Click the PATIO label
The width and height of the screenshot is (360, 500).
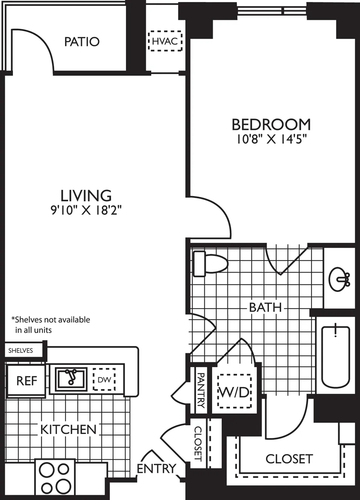point(82,41)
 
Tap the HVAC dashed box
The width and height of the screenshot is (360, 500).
point(166,41)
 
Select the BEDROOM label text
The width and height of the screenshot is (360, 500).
point(271,125)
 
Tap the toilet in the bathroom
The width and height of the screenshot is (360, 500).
point(210,264)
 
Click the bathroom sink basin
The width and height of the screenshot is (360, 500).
point(339,279)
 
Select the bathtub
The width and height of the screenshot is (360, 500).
point(335,356)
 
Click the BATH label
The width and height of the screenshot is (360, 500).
point(266,307)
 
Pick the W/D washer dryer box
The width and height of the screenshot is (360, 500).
point(234,391)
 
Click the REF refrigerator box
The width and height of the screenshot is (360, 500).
point(27,381)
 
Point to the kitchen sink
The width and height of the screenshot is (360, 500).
point(71,379)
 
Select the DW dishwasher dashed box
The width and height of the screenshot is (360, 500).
point(104,379)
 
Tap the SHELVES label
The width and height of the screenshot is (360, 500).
point(21,350)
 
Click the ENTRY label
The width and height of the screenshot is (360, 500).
point(156,468)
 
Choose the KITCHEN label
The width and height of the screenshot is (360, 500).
point(68,429)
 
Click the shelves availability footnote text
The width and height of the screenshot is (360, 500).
point(51,325)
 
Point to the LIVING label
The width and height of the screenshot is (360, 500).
point(86,195)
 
